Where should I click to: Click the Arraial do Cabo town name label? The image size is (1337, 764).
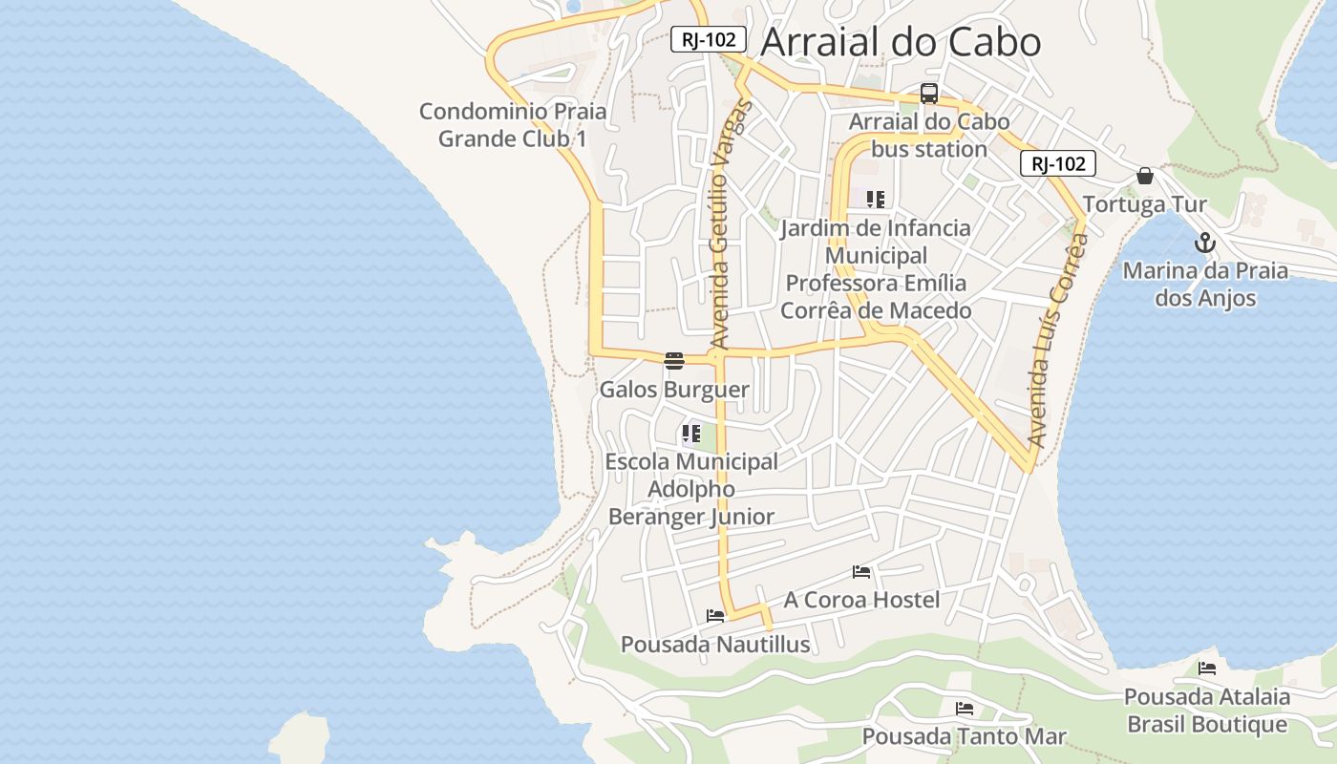[901, 43]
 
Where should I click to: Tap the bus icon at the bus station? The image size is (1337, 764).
[928, 94]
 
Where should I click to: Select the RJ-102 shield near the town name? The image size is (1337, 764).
[708, 39]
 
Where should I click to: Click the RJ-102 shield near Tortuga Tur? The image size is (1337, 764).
[1058, 163]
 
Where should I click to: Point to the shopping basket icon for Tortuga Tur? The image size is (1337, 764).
[1144, 177]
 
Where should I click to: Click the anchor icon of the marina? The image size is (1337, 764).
[1205, 243]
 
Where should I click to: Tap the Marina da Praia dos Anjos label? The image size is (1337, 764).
[1205, 285]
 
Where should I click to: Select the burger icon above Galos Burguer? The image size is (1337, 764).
[674, 360]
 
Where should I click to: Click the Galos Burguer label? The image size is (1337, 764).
[674, 390]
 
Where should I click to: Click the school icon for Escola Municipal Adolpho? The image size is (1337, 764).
[691, 434]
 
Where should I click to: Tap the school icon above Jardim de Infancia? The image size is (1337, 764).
[875, 200]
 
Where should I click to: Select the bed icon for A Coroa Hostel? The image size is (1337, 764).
[861, 572]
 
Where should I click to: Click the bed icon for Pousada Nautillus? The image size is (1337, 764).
[715, 616]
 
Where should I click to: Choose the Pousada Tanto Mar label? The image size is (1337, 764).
[964, 736]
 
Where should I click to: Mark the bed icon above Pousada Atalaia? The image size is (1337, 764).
[1207, 668]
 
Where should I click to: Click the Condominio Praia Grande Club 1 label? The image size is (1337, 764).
[513, 125]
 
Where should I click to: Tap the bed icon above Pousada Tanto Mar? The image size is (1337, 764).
[965, 709]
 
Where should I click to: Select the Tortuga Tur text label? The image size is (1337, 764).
[1144, 204]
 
